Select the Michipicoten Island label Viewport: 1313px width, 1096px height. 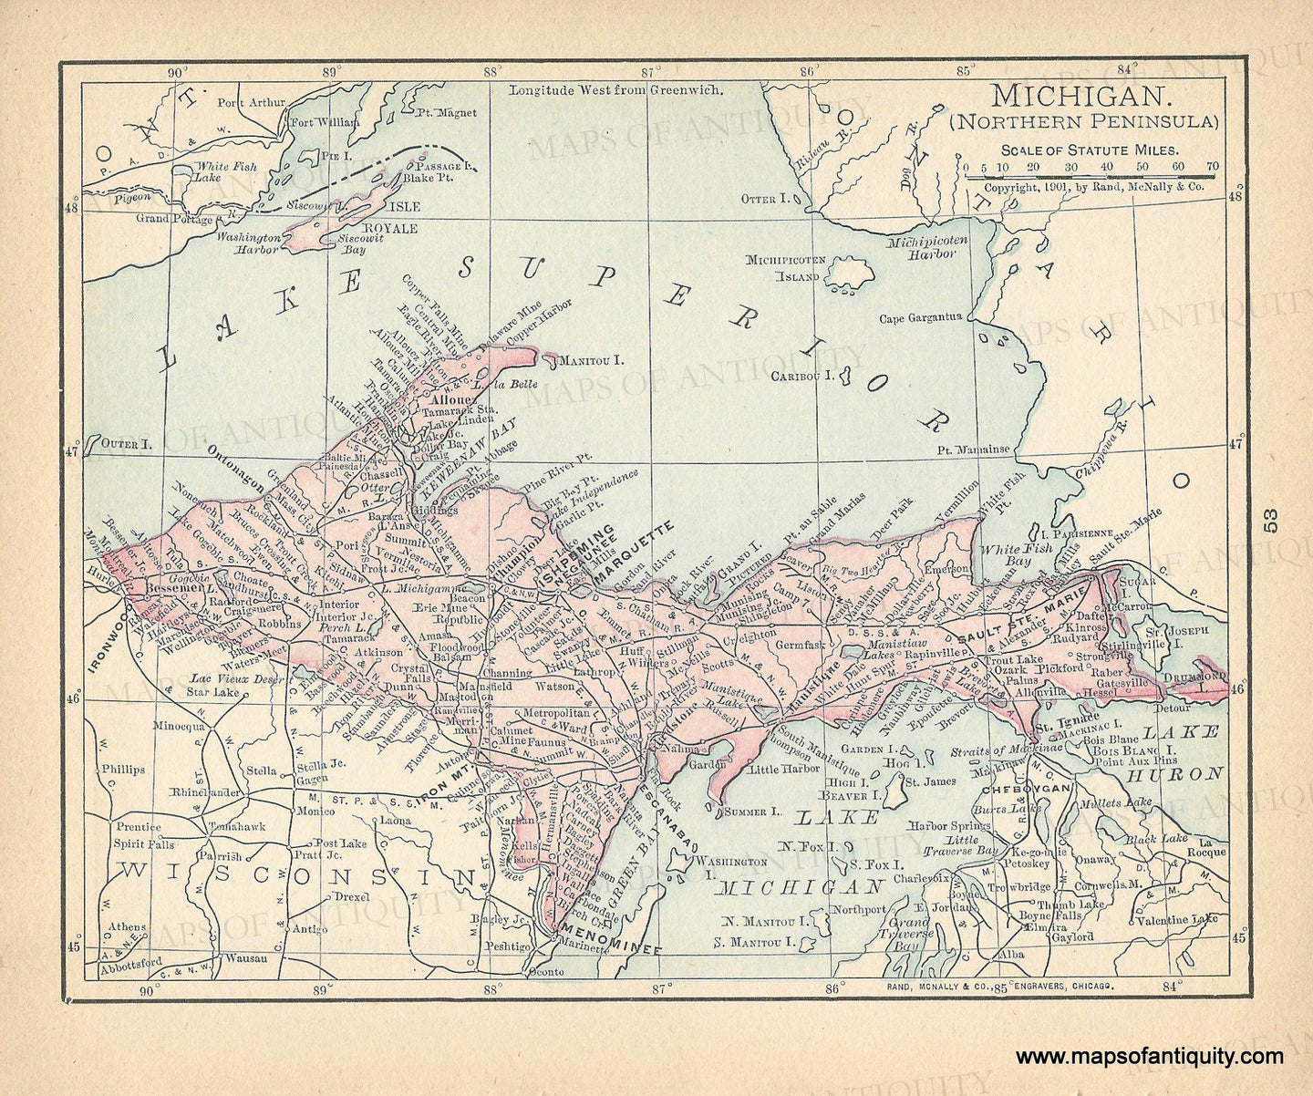pyautogui.click(x=786, y=267)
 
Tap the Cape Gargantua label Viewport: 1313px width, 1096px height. pyautogui.click(x=920, y=318)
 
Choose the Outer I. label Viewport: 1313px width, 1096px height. pyautogui.click(x=124, y=443)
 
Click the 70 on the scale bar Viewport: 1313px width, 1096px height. pyautogui.click(x=1212, y=167)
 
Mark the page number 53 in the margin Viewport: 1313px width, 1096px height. pyautogui.click(x=1272, y=521)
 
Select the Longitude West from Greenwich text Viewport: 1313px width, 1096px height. pyautogui.click(x=615, y=90)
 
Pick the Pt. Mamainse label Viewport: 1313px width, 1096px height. pyautogui.click(x=973, y=450)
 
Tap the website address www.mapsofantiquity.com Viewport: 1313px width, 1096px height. pyautogui.click(x=1150, y=1057)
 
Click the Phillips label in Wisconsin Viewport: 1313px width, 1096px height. pyautogui.click(x=123, y=769)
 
